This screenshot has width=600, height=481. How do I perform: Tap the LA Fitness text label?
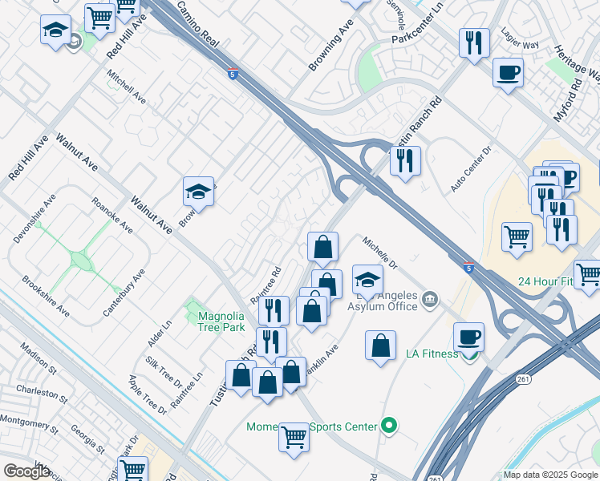[432, 354]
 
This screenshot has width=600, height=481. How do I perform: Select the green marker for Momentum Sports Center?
[390, 426]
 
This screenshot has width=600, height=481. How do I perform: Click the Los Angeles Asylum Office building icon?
[431, 300]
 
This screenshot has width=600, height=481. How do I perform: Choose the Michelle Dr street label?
[379, 252]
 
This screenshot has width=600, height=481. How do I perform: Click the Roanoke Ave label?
[112, 215]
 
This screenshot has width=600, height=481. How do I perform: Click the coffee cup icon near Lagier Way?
[508, 73]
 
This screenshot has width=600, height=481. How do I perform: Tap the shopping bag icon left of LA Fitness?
[381, 346]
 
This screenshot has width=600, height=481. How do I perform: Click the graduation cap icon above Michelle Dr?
[367, 280]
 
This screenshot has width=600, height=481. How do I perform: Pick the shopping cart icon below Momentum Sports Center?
[294, 438]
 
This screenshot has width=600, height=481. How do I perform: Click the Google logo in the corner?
[26, 471]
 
